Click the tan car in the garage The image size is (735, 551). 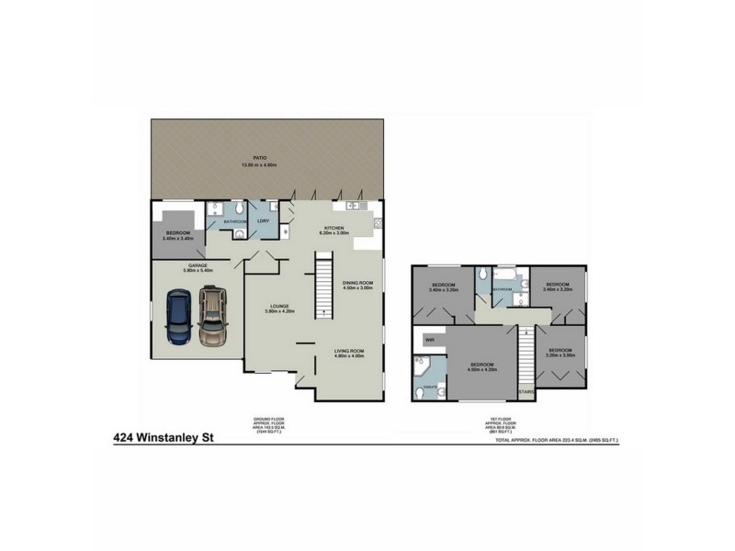(212, 316)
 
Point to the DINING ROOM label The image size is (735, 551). (357, 285)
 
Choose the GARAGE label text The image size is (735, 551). (198, 267)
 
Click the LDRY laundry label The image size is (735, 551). (263, 221)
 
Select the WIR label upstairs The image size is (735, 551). (428, 340)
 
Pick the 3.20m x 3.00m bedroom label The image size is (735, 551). (560, 352)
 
